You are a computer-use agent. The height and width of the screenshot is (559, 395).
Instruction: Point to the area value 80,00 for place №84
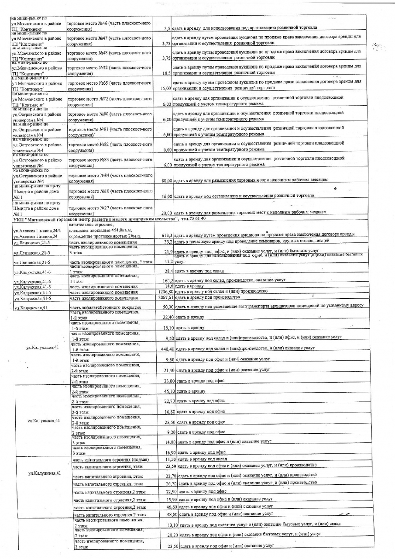(x=165, y=180)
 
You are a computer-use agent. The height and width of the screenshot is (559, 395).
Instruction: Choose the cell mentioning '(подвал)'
(x=111, y=460)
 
